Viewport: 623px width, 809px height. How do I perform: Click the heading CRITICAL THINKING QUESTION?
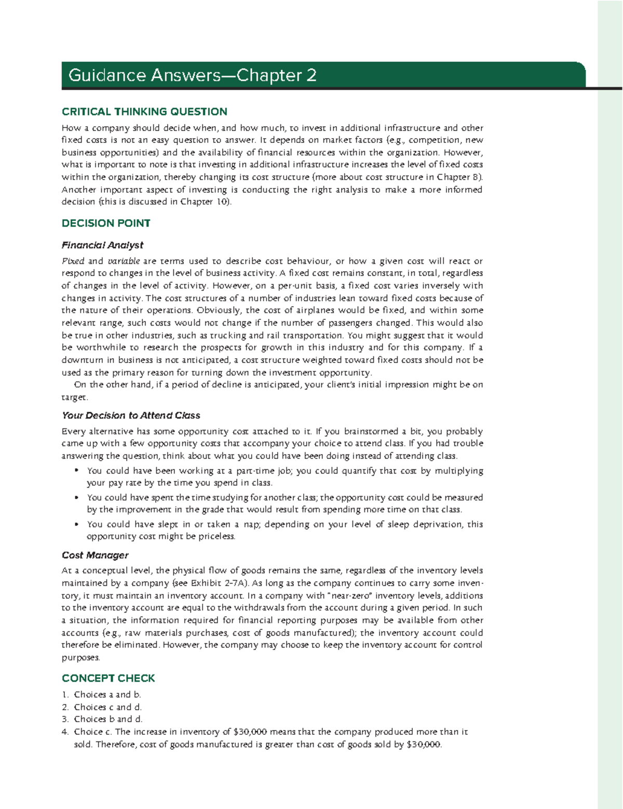pyautogui.click(x=144, y=112)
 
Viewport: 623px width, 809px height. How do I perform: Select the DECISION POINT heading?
pyautogui.click(x=106, y=223)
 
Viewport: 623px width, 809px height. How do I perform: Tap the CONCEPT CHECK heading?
pyautogui.click(x=108, y=678)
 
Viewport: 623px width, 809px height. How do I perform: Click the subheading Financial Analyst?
pyautogui.click(x=102, y=245)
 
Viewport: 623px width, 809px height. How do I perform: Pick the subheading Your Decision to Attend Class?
pyautogui.click(x=131, y=415)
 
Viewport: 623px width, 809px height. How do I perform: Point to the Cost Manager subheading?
pyautogui.click(x=95, y=555)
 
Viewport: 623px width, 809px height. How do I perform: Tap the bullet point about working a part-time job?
pyautogui.click(x=76, y=471)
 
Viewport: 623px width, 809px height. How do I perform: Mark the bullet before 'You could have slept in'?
pyautogui.click(x=76, y=524)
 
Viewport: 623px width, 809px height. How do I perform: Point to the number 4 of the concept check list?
pyautogui.click(x=65, y=732)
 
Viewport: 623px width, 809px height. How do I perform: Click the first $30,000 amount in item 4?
pyautogui.click(x=250, y=732)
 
